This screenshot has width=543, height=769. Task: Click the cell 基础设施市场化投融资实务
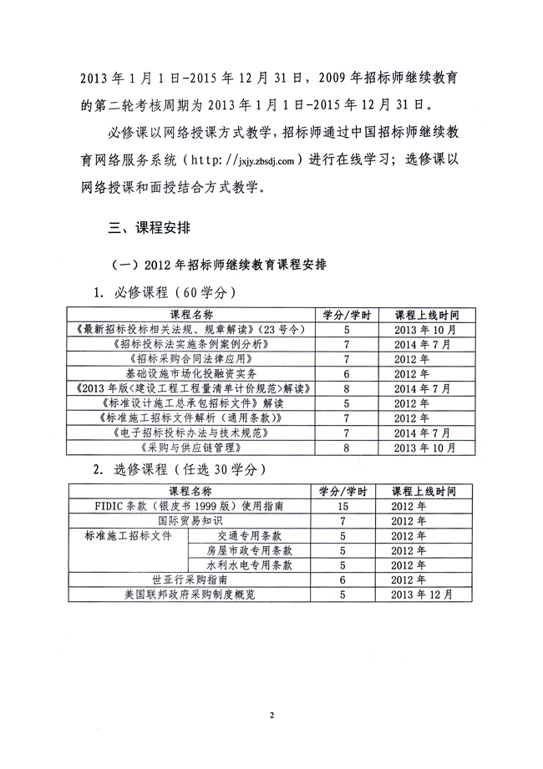point(192,374)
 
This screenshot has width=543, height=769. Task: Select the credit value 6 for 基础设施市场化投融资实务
point(345,374)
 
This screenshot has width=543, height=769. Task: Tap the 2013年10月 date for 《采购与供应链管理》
point(424,448)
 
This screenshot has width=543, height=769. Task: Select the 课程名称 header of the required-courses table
point(192,315)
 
